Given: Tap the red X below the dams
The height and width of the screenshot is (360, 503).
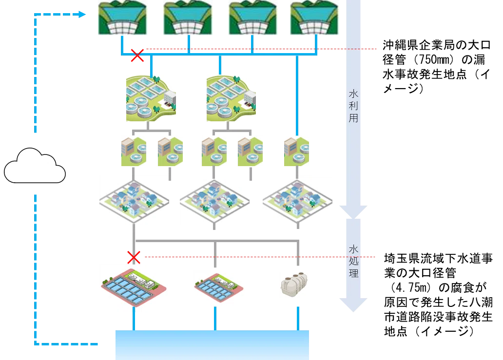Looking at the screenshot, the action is [137, 56].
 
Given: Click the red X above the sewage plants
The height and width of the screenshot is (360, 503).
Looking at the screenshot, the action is [134, 257].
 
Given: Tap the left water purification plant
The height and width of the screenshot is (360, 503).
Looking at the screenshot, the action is [151, 98].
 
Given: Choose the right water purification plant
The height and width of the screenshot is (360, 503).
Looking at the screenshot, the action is [232, 98].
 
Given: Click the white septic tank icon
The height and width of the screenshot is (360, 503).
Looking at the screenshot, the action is [294, 284].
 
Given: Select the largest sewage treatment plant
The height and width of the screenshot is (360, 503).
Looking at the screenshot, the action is [134, 287].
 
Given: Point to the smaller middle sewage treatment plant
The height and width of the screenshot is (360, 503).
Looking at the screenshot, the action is [218, 286].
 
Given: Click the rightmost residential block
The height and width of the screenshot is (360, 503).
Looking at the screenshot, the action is [297, 200].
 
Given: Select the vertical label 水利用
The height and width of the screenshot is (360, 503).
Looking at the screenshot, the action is [353, 106].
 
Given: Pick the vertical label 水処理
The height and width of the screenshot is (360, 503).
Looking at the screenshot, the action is [353, 262].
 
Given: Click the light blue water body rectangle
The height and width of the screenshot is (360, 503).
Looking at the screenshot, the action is [212, 345].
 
